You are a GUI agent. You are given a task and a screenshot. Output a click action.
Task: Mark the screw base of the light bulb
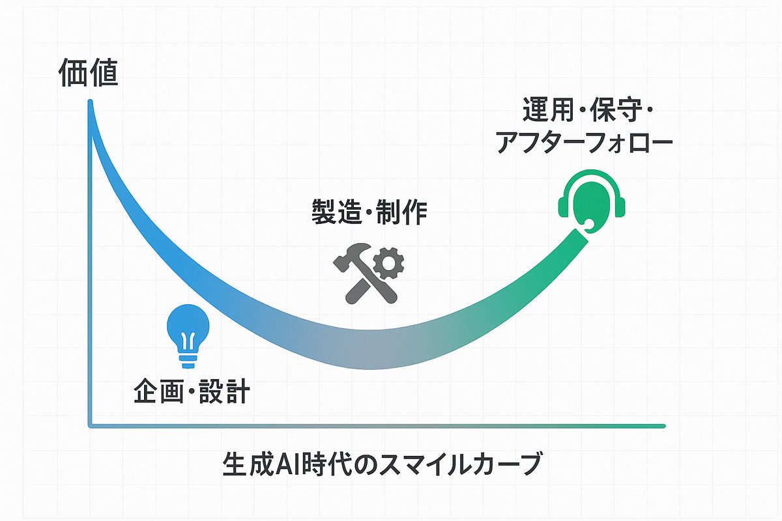pos(188,359)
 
